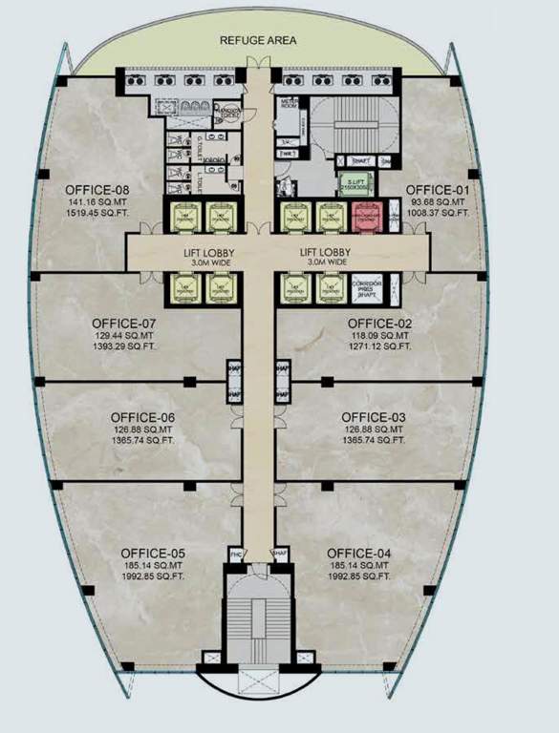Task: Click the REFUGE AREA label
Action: [x=258, y=40]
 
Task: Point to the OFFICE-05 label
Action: [x=153, y=554]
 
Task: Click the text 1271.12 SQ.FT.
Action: [x=378, y=348]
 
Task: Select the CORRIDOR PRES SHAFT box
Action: [x=368, y=287]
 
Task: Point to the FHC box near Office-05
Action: [x=235, y=554]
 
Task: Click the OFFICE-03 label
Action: [x=374, y=417]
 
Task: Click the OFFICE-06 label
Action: [x=142, y=417]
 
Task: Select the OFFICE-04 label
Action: [x=359, y=554]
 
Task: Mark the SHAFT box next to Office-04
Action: [x=281, y=554]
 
